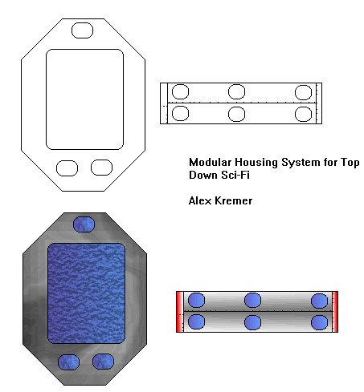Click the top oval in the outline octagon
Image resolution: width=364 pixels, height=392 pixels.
pos(83,30)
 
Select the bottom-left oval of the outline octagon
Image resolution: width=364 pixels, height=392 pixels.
pos(67,168)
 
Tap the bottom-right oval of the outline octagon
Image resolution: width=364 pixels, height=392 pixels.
pos(101,168)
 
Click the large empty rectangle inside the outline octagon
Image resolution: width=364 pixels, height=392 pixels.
pos(84,99)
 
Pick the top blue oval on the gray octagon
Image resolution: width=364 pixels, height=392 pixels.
pos(83,224)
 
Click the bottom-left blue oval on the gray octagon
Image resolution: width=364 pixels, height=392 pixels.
pos(67,362)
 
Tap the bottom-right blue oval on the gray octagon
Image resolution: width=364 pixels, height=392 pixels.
pos(102,362)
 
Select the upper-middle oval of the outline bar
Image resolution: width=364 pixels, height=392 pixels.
pos(236,91)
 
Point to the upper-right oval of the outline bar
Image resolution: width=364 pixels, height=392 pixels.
pos(303,91)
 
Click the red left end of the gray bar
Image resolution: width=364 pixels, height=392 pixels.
pos(178,312)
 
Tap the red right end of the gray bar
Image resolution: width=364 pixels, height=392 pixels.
pos(336,312)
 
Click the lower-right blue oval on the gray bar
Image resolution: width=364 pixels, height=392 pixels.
pos(319,322)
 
